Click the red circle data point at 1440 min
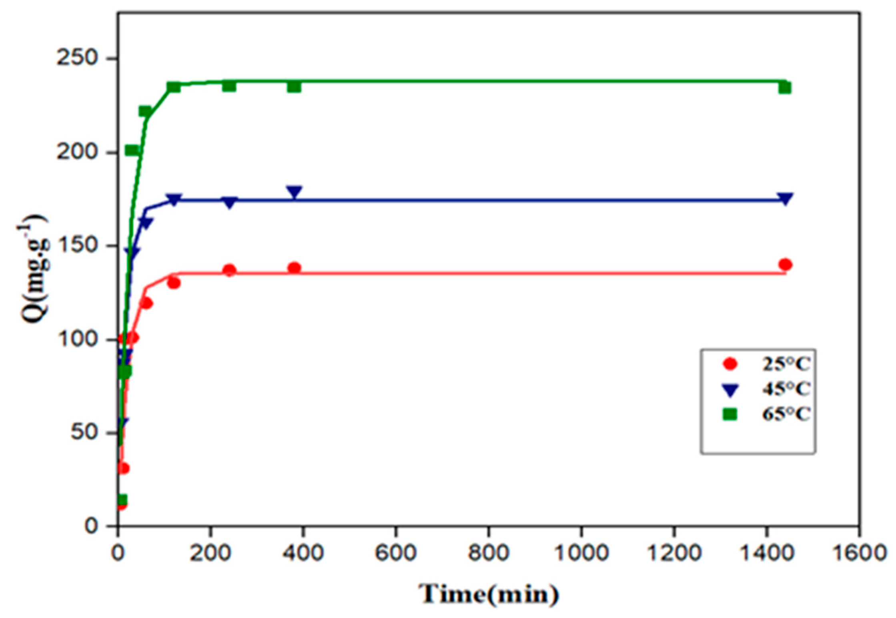(x=785, y=264)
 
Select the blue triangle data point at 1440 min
(x=785, y=199)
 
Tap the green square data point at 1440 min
(x=785, y=88)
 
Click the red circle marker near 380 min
(x=294, y=268)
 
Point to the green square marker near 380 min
(x=294, y=86)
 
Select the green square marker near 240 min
(x=229, y=86)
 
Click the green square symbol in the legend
(x=730, y=415)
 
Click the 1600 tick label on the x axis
(x=860, y=553)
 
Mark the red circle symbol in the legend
(x=730, y=364)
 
